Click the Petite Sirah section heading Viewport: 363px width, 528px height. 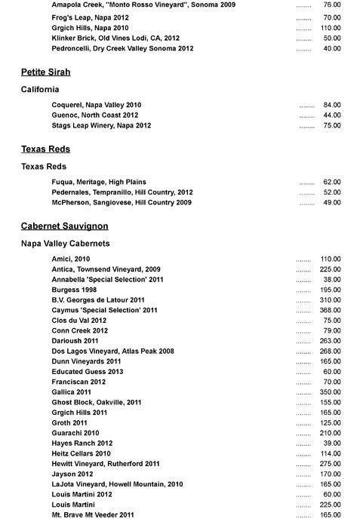(x=45, y=72)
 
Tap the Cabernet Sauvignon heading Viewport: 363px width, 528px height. (x=65, y=226)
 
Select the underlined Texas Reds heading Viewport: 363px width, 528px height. (x=45, y=149)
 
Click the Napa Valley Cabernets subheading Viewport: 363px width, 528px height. (x=66, y=244)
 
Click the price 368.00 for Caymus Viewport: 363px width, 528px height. (x=331, y=310)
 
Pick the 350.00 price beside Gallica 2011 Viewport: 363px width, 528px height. (x=331, y=392)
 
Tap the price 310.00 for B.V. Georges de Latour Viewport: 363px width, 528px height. (x=331, y=300)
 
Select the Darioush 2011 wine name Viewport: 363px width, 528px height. (x=75, y=341)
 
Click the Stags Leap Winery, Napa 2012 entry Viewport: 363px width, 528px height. (x=101, y=125)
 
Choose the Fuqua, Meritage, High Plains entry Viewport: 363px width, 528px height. (x=99, y=182)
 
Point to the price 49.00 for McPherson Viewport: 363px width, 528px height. (x=332, y=202)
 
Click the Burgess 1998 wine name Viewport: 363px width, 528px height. (x=74, y=290)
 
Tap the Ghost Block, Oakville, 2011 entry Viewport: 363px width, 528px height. (x=97, y=402)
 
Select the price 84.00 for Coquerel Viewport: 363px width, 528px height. (x=332, y=105)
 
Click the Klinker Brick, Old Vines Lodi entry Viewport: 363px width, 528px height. (x=115, y=38)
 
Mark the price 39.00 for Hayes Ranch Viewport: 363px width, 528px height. (x=332, y=444)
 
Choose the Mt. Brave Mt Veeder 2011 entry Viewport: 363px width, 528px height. (x=93, y=514)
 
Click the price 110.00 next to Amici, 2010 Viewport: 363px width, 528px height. (x=331, y=259)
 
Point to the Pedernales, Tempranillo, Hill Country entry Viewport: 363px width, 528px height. (x=122, y=192)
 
